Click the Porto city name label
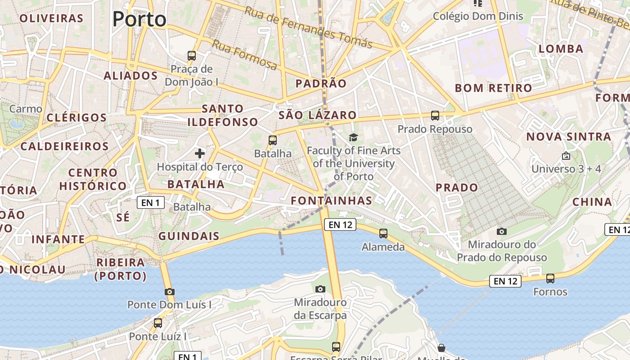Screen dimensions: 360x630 [x=139, y=19]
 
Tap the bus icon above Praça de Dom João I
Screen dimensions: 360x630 [x=192, y=56]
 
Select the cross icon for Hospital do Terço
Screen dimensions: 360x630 [x=200, y=153]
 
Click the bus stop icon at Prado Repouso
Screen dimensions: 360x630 [x=435, y=116]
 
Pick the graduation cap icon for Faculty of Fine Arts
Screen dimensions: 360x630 [x=354, y=137]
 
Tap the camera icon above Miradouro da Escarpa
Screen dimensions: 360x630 [x=320, y=289]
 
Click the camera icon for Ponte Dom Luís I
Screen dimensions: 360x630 [x=169, y=292]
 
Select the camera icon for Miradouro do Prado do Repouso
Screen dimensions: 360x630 [x=502, y=231]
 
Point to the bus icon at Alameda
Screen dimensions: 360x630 [x=383, y=234]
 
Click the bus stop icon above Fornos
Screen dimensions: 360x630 [x=550, y=279]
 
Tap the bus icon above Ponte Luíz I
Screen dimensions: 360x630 [x=157, y=323]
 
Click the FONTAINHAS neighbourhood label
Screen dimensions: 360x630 [x=332, y=201]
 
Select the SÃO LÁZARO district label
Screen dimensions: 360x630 [x=318, y=115]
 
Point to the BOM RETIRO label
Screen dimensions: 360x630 [x=493, y=88]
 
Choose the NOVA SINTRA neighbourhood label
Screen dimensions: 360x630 [x=569, y=136]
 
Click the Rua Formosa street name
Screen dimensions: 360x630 [x=244, y=55]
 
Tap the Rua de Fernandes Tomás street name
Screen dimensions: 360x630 [x=308, y=27]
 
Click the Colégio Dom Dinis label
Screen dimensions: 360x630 [x=478, y=16]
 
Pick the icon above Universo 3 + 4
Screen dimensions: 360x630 [x=566, y=156]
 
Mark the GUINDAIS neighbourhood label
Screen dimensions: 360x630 [x=189, y=236]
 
